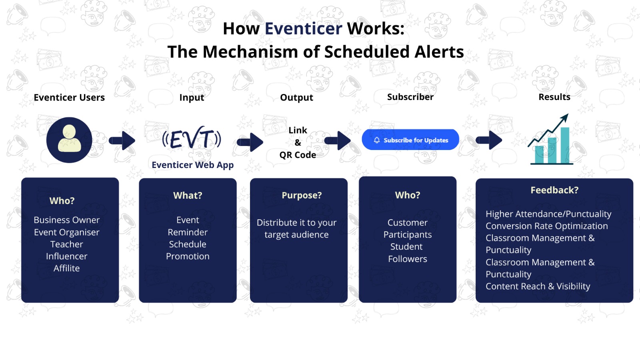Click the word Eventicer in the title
point(303,29)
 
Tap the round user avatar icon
point(69,140)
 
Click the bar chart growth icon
point(552,141)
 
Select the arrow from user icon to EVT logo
point(122,140)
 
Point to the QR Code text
point(298,155)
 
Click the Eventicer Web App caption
point(192,165)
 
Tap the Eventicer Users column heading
point(69,98)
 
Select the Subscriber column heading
point(410,97)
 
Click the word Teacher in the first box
point(67,244)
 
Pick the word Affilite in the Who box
point(67,268)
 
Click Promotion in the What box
point(188,256)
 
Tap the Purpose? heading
point(302,196)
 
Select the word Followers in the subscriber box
point(408,259)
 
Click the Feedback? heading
point(554,190)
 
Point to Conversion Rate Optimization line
point(546,226)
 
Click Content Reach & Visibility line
point(538,286)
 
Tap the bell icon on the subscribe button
point(377,140)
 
